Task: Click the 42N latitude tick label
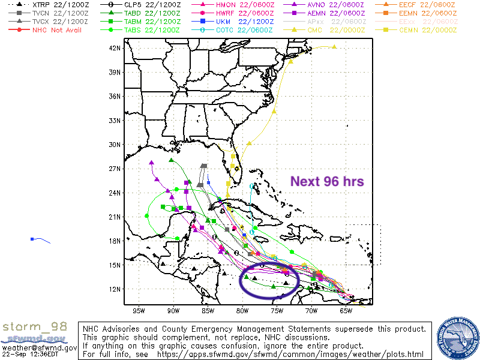pyautogui.click(x=116, y=48)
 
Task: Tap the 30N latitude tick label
pyautogui.click(x=116, y=144)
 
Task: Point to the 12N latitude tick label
pyautogui.click(x=116, y=289)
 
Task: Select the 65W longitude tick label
pyautogui.click(x=346, y=310)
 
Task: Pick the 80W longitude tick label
pyautogui.click(x=242, y=310)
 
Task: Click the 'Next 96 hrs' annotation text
pyautogui.click(x=327, y=181)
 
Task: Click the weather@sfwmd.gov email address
pyautogui.click(x=39, y=347)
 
